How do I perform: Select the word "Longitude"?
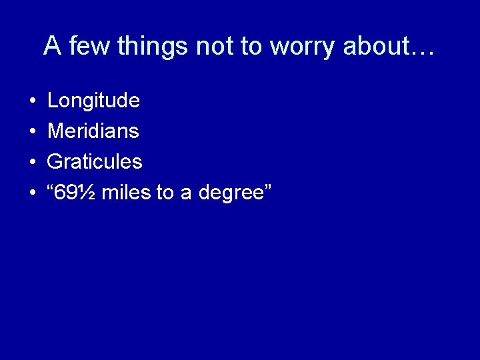point(93,101)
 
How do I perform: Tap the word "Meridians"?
point(93,131)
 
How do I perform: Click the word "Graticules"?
point(95,162)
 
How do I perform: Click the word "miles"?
point(127,193)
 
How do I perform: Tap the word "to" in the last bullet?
point(165,193)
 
